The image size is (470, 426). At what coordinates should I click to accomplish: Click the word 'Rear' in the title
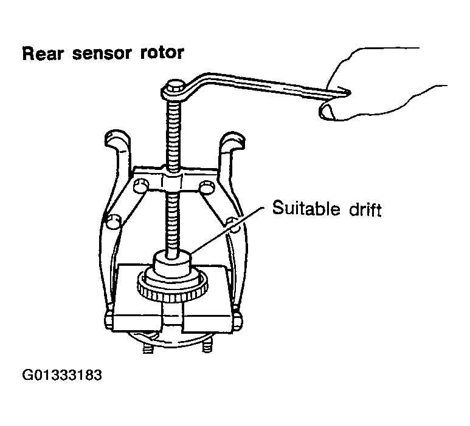pos(43,54)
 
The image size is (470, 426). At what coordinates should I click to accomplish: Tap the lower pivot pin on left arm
pos(111,223)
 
